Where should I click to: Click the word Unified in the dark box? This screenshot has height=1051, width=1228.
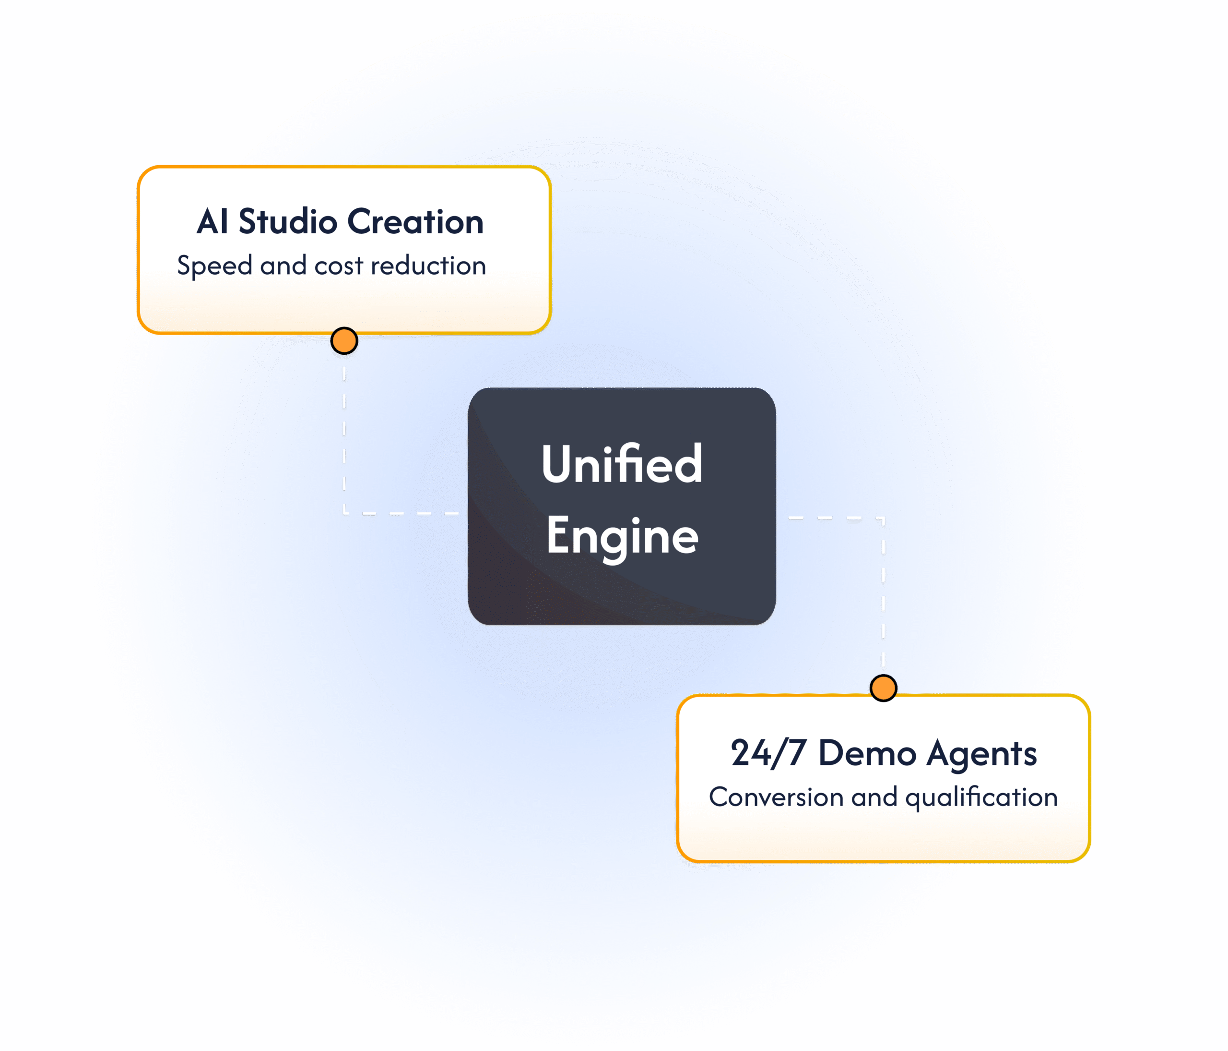[622, 464]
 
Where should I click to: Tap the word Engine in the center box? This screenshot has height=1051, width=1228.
[622, 536]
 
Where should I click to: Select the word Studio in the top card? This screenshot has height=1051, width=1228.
[288, 222]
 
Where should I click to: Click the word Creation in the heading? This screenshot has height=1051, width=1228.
[415, 222]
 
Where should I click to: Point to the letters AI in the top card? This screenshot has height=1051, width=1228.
[212, 222]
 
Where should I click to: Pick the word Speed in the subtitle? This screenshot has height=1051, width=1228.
[214, 266]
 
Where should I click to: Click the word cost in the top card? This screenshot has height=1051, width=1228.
[338, 266]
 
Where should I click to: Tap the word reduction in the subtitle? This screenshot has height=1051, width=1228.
[428, 266]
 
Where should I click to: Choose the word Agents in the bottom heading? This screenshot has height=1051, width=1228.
[981, 753]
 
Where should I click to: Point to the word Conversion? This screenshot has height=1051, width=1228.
[776, 797]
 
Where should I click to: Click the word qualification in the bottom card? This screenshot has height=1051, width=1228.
[981, 797]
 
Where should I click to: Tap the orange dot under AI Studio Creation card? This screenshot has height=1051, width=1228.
[344, 341]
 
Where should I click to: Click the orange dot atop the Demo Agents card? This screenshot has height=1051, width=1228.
[883, 688]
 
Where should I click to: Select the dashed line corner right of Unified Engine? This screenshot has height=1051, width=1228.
[883, 519]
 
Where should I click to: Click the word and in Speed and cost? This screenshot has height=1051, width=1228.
[283, 266]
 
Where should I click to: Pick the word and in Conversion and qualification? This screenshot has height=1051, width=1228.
[874, 797]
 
